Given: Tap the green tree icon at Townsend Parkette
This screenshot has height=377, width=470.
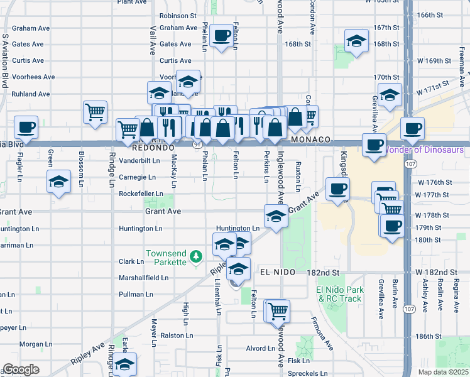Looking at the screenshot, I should (x=196, y=256).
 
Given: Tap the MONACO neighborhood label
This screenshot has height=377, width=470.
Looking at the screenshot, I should (x=310, y=139).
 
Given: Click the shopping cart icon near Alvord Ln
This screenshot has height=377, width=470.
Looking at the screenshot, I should (x=278, y=309).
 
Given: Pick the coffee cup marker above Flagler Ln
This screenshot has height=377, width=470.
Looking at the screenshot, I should (x=26, y=128).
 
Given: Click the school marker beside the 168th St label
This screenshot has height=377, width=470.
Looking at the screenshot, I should (x=356, y=41).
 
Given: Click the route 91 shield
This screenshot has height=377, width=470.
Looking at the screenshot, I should (x=197, y=144).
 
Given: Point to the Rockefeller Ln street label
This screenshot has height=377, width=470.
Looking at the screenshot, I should (x=141, y=194).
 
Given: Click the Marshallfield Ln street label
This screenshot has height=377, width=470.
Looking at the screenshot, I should (x=144, y=278).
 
